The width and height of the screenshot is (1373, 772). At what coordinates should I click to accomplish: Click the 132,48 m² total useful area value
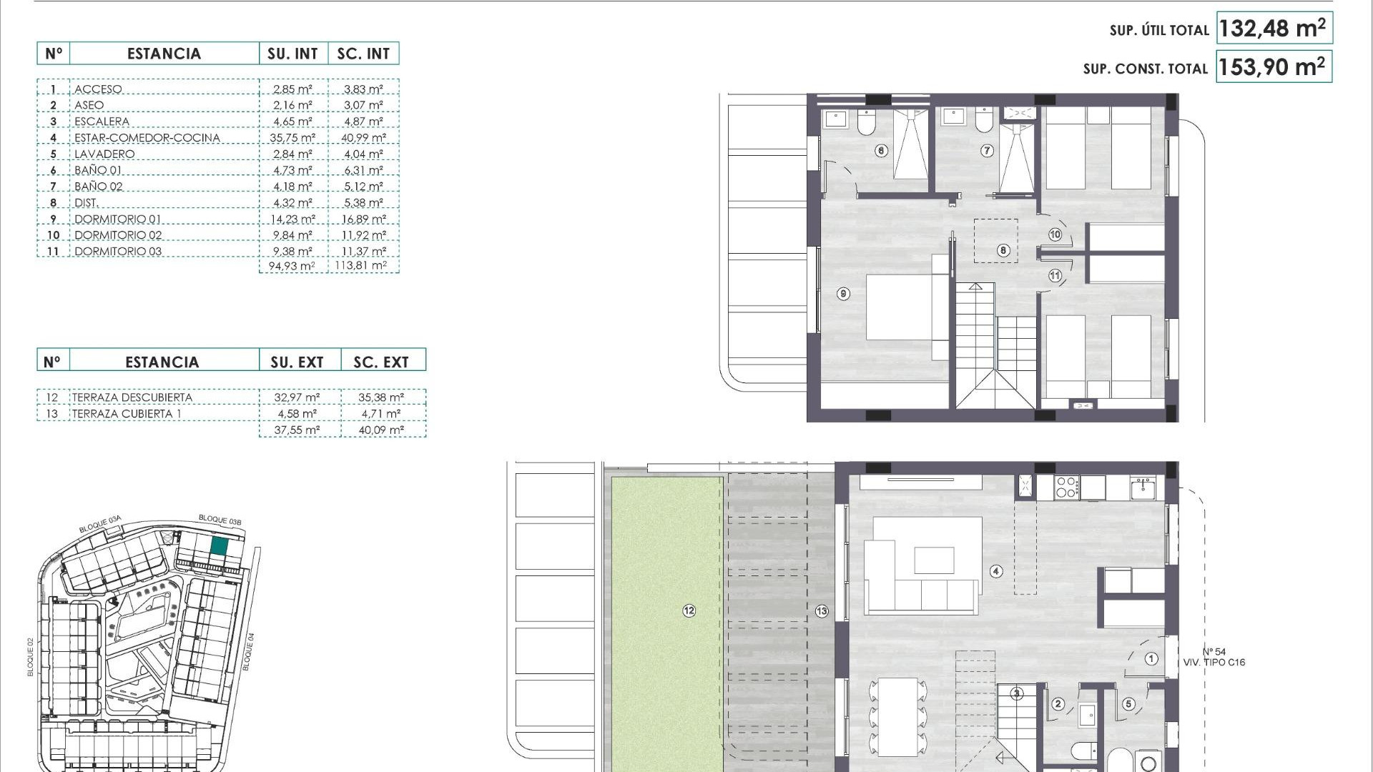1273,29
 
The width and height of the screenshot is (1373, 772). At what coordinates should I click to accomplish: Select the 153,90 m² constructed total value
1273,67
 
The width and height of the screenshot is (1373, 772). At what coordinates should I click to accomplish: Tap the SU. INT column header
292,54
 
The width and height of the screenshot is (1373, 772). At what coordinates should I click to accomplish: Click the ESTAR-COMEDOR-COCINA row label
147,138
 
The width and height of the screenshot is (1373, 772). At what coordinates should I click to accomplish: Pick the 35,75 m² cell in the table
292,138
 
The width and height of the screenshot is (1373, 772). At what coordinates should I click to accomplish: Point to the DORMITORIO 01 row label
118,219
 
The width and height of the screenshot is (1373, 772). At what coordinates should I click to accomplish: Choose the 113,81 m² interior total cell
361,266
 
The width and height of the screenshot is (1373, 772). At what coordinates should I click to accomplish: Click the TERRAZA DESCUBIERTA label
132,397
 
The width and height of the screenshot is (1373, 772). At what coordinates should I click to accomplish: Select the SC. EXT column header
381,362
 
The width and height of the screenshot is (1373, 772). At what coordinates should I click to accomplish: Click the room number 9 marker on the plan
844,294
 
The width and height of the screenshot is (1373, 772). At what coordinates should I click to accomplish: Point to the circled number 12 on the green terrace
689,610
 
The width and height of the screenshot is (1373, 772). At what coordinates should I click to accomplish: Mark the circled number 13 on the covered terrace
822,611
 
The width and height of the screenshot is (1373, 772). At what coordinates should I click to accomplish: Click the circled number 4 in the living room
996,571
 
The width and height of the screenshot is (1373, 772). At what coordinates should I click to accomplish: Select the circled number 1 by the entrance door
1151,658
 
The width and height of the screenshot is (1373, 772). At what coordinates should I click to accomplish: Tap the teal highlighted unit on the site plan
219,547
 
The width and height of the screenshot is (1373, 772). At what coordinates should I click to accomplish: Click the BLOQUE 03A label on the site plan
100,525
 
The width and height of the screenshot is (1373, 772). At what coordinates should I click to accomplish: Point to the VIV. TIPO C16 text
1214,663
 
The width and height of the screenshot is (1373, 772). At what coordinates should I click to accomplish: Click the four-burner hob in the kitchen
1066,488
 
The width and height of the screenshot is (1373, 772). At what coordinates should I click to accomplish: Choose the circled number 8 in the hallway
1003,250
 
